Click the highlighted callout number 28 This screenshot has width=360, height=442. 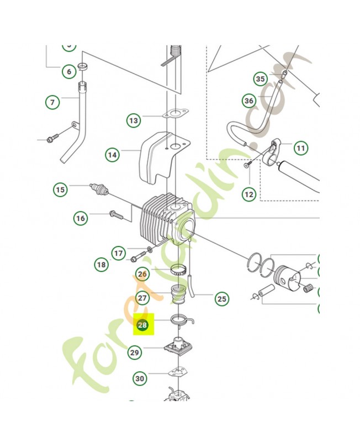(142, 325)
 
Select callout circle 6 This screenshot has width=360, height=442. (68, 71)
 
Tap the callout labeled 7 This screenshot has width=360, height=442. (52, 102)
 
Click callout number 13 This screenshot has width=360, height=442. (133, 120)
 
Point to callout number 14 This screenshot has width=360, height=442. (113, 155)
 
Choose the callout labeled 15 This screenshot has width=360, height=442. (60, 190)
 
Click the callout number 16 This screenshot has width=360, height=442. (81, 218)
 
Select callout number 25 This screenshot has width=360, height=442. (221, 299)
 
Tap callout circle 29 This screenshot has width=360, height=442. (134, 352)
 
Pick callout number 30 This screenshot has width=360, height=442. (140, 378)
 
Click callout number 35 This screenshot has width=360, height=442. (261, 79)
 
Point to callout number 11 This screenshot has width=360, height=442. (300, 148)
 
